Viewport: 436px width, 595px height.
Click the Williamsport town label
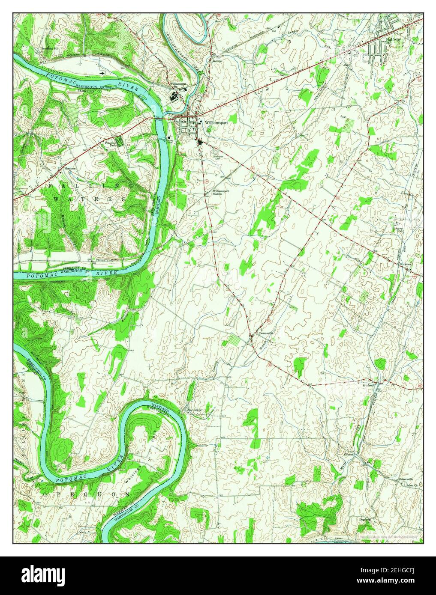point(216,122)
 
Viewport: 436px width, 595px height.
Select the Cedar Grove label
point(193,410)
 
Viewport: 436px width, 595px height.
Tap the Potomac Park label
point(111,143)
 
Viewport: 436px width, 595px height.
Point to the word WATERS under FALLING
point(88,199)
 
